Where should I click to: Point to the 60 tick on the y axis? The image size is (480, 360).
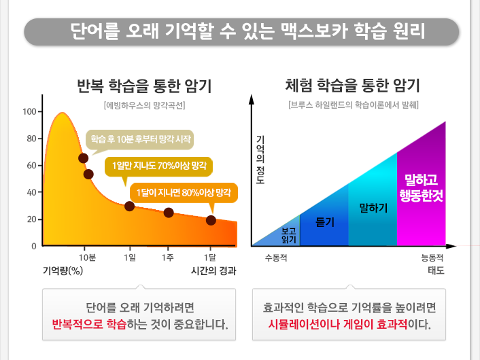point(31,165)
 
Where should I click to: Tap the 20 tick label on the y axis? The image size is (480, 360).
point(31,219)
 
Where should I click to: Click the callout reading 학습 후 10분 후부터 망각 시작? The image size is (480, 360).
point(141,139)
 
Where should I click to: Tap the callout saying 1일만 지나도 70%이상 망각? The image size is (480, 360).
point(159,165)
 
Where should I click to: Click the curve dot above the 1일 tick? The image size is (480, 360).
point(129,206)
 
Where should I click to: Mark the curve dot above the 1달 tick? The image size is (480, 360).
point(211,220)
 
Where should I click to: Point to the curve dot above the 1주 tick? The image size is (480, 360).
point(169,213)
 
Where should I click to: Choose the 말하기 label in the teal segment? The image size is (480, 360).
point(373,207)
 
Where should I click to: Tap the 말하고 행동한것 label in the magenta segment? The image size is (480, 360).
point(421,187)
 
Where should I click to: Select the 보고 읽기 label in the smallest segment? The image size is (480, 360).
point(289,234)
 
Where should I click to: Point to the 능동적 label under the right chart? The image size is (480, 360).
point(432,258)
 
